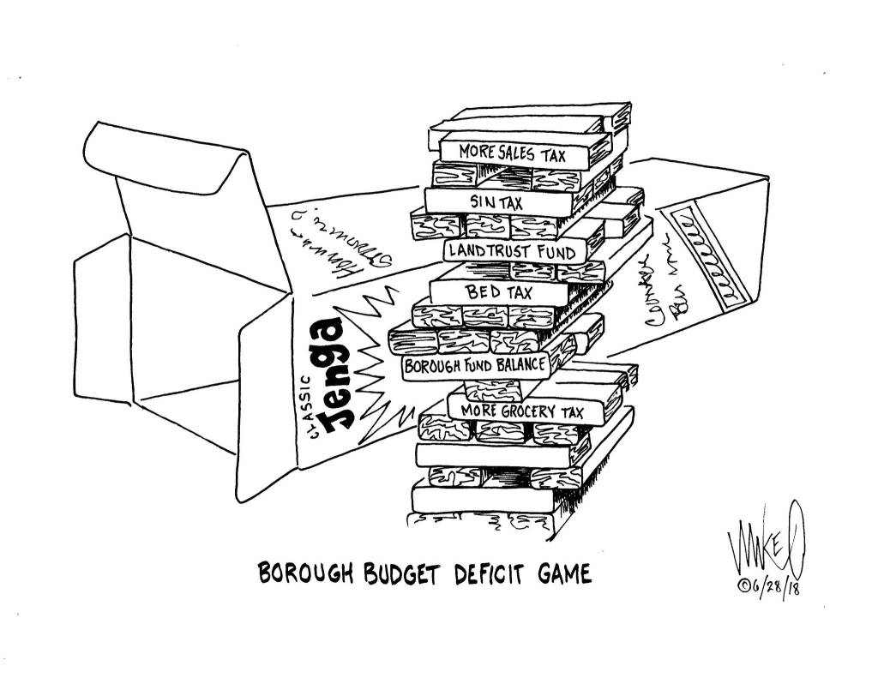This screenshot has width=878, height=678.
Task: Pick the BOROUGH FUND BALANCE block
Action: tap(474, 368)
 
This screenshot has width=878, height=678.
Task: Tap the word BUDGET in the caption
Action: tap(395, 573)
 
